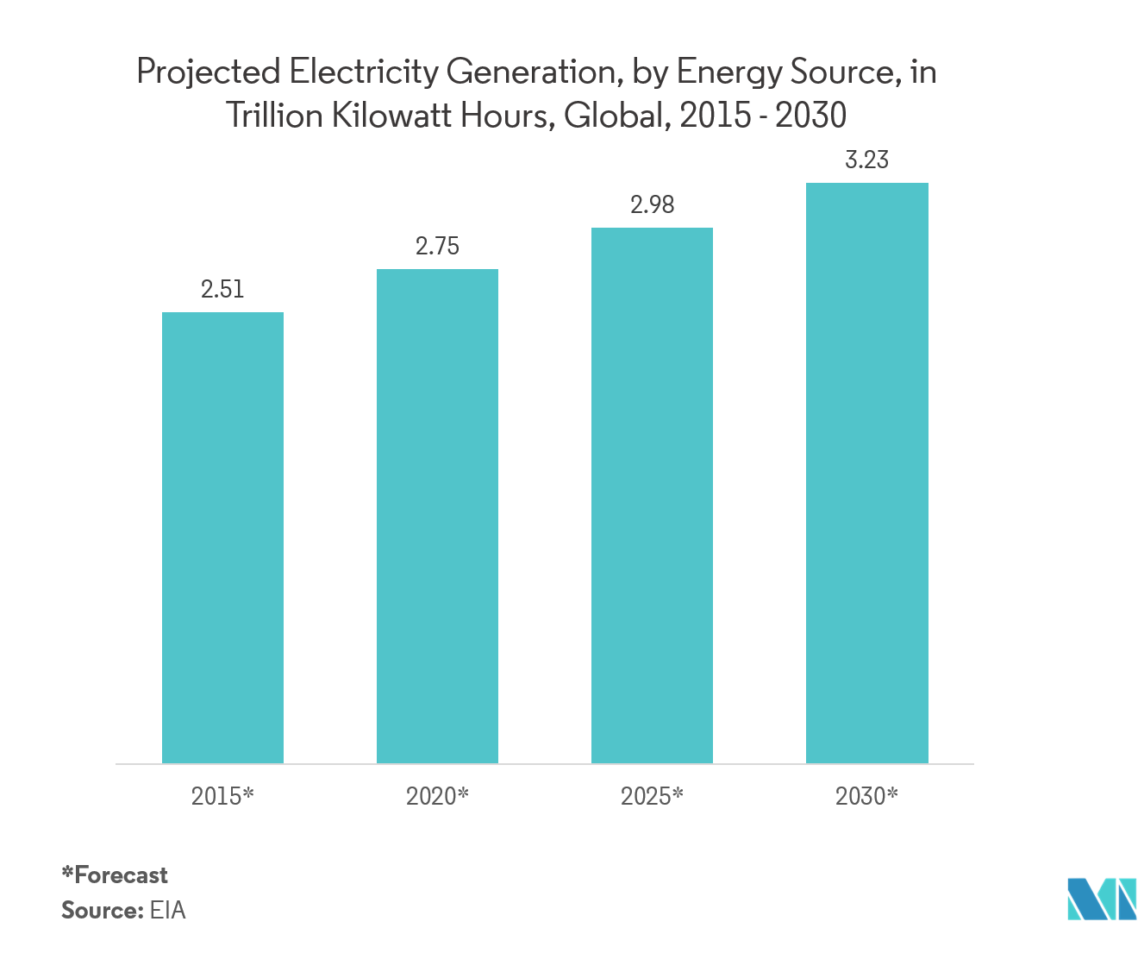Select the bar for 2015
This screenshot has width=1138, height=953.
point(222,537)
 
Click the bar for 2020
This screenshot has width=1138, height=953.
point(437,516)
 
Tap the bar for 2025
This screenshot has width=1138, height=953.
point(652,495)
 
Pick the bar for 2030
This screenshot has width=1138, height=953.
point(866,473)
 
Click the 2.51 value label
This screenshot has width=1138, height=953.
point(222,290)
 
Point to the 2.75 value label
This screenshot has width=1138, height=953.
point(437,247)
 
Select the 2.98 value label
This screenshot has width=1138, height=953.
point(652,205)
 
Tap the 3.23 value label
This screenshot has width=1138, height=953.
point(866,160)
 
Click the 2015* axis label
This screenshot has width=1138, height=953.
point(222,796)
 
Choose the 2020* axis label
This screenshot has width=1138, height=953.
point(437,796)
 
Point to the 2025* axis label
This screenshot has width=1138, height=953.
point(652,796)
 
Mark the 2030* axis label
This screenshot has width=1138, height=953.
point(866,796)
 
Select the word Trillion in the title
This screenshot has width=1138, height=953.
point(274,116)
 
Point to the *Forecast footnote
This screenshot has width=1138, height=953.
point(115,875)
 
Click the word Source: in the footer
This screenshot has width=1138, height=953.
point(101,911)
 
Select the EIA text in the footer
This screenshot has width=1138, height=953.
point(167,911)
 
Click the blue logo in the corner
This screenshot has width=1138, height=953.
point(1101,899)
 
